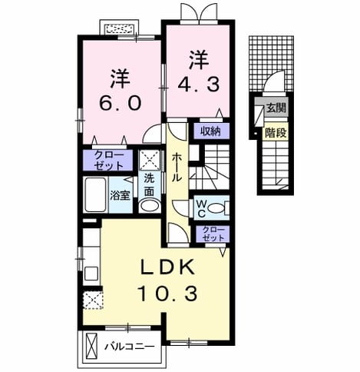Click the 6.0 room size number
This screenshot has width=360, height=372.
coord(121,102)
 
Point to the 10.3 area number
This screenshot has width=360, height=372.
coord(167,294)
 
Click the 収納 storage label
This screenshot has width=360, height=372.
coord(210,131)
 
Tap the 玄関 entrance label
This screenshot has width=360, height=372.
coord(276,108)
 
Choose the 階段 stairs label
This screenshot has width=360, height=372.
coord(276,133)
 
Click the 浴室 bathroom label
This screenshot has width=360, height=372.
coord(121,196)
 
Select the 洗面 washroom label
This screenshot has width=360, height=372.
coord(149,185)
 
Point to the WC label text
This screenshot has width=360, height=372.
coord(201,209)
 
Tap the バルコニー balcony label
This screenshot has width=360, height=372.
coord(130,347)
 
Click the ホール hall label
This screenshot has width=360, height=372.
coord(177,168)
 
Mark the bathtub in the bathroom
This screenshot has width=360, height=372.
coord(95,194)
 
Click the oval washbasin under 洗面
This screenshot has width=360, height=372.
coord(150,206)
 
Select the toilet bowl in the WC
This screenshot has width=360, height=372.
coord(216,208)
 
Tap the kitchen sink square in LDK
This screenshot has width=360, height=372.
coord(91,274)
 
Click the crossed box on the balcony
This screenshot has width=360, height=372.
coord(91,346)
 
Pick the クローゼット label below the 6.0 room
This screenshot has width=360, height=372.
coord(108,161)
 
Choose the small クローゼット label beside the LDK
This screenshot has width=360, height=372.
coord(213,234)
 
